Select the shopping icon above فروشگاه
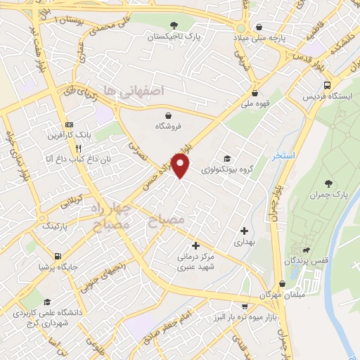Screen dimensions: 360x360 point(168,115)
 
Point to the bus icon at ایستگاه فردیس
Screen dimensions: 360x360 point(327,85)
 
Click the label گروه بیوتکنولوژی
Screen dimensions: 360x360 point(226,169)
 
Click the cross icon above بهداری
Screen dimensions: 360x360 point(244,230)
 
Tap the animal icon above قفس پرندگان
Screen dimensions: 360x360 point(307,250)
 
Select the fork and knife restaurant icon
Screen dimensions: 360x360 point(79,149)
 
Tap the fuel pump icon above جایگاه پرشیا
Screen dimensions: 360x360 point(57,256)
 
